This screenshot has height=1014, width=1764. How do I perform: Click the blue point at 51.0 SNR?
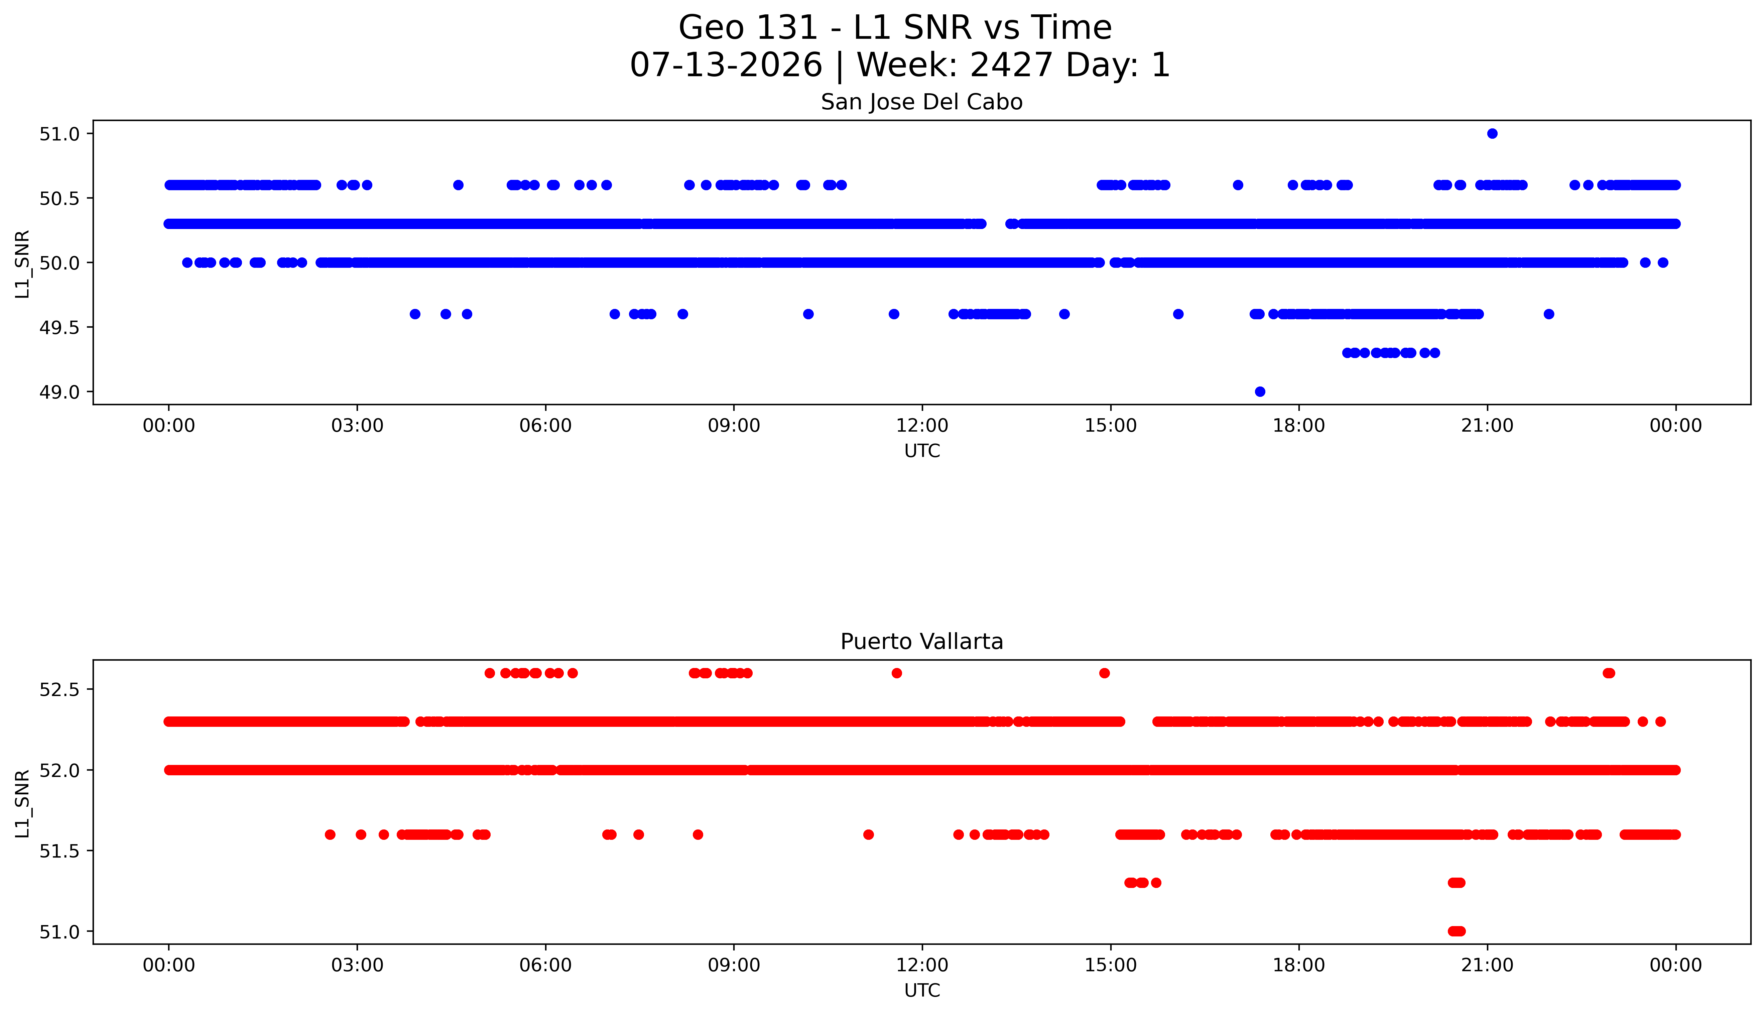pos(1492,134)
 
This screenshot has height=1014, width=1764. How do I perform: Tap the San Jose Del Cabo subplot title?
pos(922,102)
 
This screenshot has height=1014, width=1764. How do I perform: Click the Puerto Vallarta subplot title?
pos(922,642)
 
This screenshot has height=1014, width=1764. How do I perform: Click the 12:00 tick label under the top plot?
pos(922,426)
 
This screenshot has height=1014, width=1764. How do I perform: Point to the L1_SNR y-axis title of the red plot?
pos(22,804)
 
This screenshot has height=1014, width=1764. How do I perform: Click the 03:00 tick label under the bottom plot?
pos(357,965)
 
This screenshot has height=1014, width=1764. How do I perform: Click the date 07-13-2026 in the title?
pos(726,66)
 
